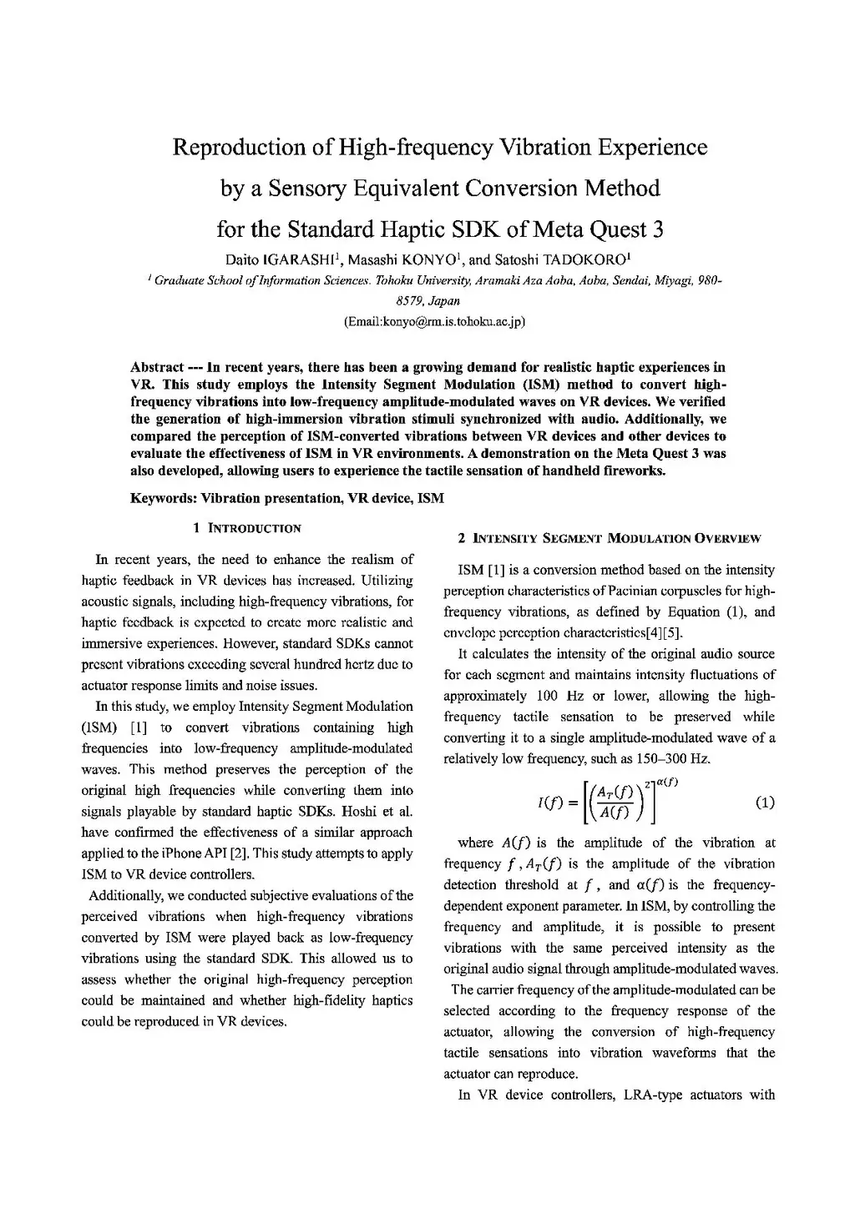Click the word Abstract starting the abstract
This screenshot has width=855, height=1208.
(x=157, y=367)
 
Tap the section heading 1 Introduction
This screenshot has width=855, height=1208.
(x=246, y=528)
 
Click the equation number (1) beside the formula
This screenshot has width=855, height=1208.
(x=764, y=803)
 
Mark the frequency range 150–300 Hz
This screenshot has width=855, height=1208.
(x=675, y=758)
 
